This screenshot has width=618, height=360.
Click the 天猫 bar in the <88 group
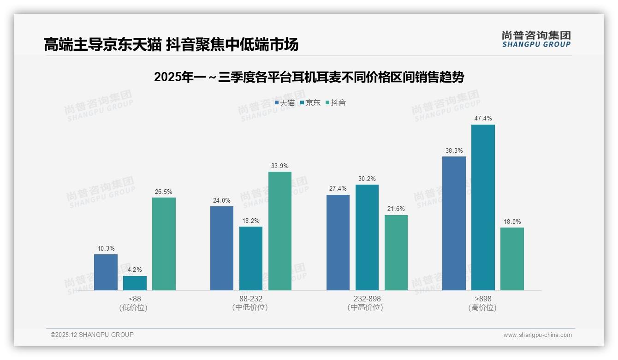point(106,272)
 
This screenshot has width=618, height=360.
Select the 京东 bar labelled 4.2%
point(135,283)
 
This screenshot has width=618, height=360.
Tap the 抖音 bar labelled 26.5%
point(164,244)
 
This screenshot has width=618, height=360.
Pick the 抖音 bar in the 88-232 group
point(280,231)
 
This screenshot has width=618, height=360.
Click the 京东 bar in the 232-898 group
point(367,237)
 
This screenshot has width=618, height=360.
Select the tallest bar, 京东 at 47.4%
point(483,207)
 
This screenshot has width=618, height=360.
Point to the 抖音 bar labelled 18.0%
point(512,258)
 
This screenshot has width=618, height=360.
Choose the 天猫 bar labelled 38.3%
point(454,223)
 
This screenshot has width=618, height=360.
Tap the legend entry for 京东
point(310,102)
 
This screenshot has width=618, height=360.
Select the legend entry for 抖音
point(336,102)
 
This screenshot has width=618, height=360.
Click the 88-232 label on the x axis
point(250,299)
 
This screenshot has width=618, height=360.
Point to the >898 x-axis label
point(482,299)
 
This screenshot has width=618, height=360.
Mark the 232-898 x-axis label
point(367,299)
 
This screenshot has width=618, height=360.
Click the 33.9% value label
point(280,166)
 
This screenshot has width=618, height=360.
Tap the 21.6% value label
point(396,209)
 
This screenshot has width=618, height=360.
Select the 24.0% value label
point(222,200)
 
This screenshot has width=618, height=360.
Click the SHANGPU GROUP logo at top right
point(536,39)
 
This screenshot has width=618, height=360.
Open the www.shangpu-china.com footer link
point(537,335)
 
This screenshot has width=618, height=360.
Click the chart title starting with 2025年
point(309,77)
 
